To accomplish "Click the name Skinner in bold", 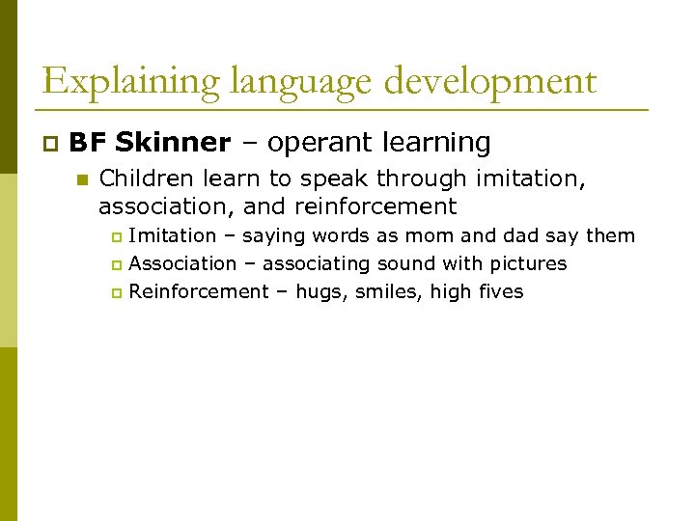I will coord(172,143).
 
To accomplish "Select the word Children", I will coord(143,178).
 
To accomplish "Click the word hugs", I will coord(320,292).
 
